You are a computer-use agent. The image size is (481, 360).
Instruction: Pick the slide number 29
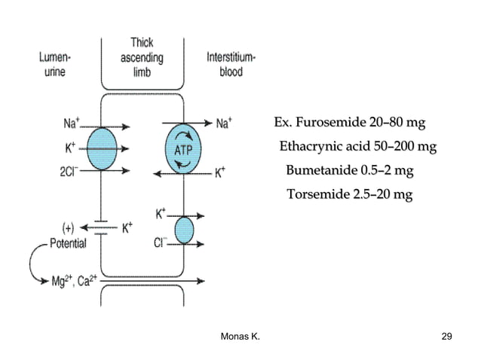click(x=446, y=335)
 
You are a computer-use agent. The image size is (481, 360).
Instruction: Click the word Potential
click(x=68, y=243)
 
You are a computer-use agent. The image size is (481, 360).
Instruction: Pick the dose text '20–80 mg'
click(x=397, y=122)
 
